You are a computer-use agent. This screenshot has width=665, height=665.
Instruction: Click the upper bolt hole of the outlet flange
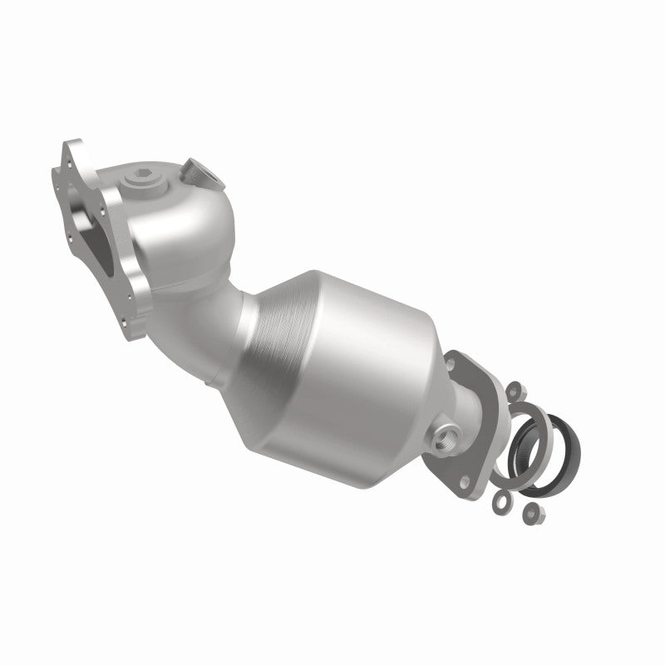tap(456, 362)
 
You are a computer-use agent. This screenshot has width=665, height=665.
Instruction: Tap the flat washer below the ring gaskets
tap(502, 500)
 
